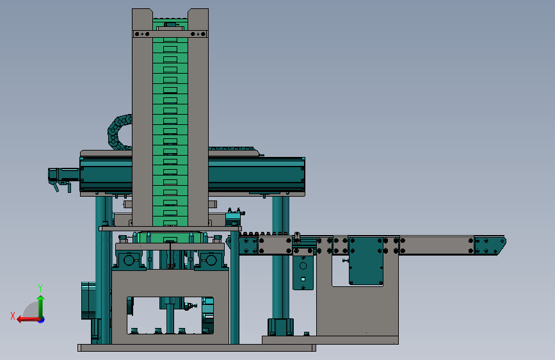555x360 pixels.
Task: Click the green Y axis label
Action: [40, 288]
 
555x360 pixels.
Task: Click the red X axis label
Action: [13, 316]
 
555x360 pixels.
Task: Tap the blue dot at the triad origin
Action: [42, 320]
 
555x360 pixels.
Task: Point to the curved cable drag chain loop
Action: [115, 132]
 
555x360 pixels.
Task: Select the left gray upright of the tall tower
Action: [142, 117]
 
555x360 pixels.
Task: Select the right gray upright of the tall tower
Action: [198, 117]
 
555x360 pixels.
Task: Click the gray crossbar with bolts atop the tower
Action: [170, 34]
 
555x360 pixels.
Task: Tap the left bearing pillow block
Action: [129, 261]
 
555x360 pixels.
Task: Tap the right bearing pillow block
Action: [211, 261]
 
